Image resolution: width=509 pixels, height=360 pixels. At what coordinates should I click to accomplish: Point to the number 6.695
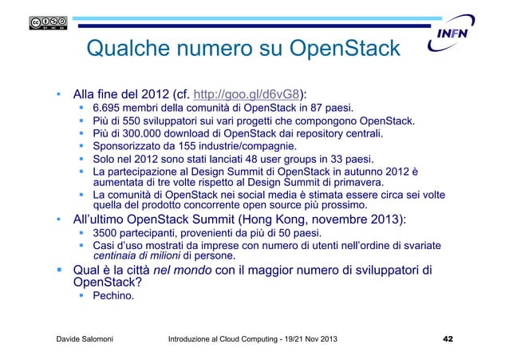(107, 107)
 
